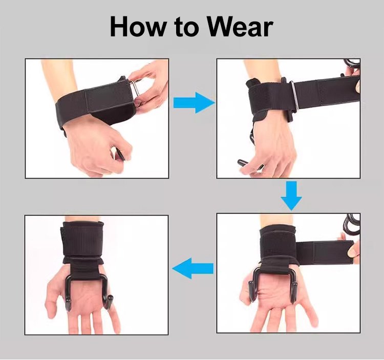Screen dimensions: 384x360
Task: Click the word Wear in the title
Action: pos(240,27)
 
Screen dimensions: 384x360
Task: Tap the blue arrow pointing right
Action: pos(194,102)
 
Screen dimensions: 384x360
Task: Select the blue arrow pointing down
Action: pos(291,196)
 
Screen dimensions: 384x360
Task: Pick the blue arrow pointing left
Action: pos(193,269)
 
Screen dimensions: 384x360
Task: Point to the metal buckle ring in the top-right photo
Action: pos(294,96)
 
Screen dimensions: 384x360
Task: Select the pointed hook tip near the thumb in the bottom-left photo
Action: pos(68,304)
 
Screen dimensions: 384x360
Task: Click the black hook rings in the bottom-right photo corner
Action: pos(351,223)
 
